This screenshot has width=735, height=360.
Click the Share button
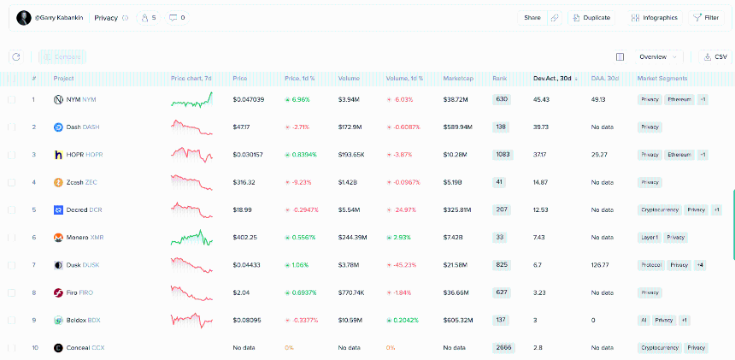coord(532,17)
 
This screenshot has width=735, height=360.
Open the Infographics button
coord(654,17)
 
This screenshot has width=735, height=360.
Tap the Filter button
coord(706,17)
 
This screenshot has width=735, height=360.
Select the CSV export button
coord(716,56)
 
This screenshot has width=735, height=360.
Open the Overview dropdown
coord(657,56)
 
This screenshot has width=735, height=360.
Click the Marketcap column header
coord(458,79)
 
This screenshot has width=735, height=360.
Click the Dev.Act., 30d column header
coord(554,79)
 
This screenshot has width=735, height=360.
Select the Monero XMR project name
coord(85,238)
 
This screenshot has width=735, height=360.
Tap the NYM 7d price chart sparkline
coord(191,100)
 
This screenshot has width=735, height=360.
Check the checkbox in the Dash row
coord(12,127)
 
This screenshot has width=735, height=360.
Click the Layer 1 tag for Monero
coord(649,238)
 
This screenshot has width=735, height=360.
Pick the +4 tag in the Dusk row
coord(700,265)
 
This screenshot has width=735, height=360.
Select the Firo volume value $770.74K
coord(351,292)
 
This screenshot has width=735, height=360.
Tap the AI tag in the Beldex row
coord(644,321)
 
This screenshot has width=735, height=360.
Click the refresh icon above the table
coord(15,57)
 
